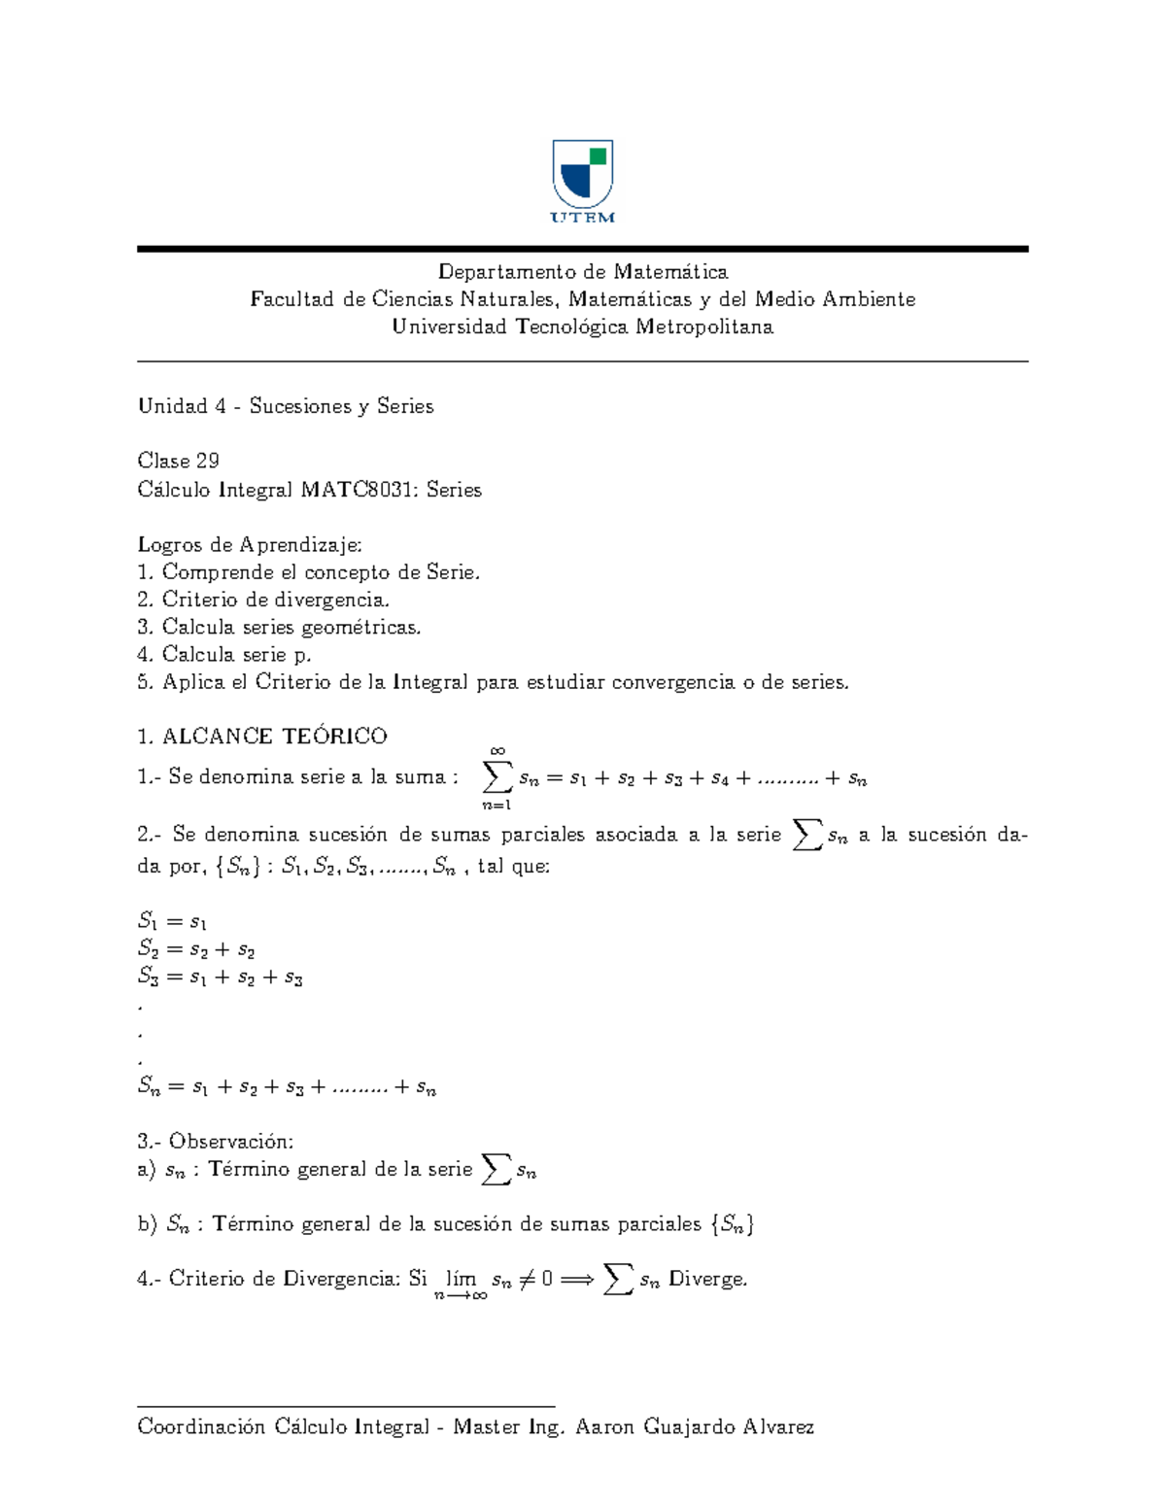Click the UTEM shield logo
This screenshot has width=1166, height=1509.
pyautogui.click(x=582, y=175)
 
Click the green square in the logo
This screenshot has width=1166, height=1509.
pyautogui.click(x=599, y=155)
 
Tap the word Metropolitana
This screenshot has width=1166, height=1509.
pyautogui.click(x=704, y=327)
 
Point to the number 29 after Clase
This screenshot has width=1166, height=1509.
pyautogui.click(x=208, y=461)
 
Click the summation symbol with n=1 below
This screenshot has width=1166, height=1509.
pyautogui.click(x=497, y=777)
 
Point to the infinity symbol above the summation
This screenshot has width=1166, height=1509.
pyautogui.click(x=497, y=750)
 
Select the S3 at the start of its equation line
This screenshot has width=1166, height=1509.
pyautogui.click(x=148, y=977)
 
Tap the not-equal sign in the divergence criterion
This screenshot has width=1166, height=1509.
pyautogui.click(x=527, y=1280)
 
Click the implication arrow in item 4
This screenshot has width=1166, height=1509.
pyautogui.click(x=576, y=1280)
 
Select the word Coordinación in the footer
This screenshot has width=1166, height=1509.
pyautogui.click(x=201, y=1427)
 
